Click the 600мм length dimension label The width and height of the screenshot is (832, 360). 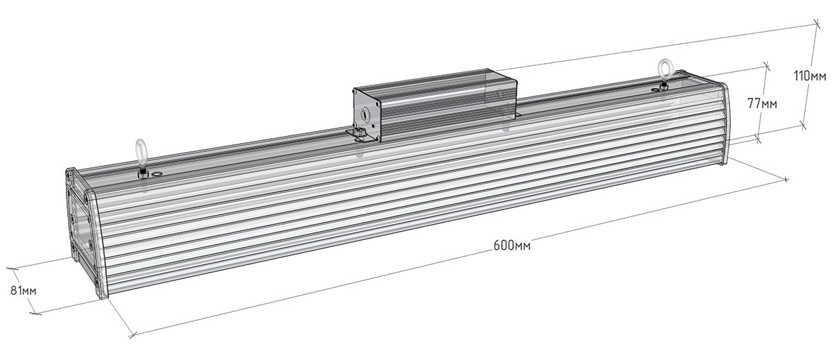pyautogui.click(x=512, y=246)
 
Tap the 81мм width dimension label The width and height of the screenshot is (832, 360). pyautogui.click(x=24, y=291)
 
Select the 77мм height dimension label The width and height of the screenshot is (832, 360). pyautogui.click(x=762, y=103)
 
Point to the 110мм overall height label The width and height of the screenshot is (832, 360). pyautogui.click(x=810, y=76)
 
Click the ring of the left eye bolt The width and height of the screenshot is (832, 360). pyautogui.click(x=141, y=150)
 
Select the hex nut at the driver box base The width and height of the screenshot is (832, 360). pyautogui.click(x=360, y=132)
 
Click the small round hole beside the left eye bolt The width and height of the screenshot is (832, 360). pyautogui.click(x=157, y=173)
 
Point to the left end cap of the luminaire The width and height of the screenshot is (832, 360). pyautogui.click(x=86, y=232)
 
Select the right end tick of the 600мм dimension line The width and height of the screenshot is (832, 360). pyautogui.click(x=785, y=180)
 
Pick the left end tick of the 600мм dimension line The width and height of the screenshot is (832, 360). pyautogui.click(x=132, y=336)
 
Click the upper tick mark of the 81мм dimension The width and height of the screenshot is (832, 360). pyautogui.click(x=12, y=268)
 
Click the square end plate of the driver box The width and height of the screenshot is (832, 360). pyautogui.click(x=367, y=115)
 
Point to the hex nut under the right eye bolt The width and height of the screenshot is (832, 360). pyautogui.click(x=663, y=87)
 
